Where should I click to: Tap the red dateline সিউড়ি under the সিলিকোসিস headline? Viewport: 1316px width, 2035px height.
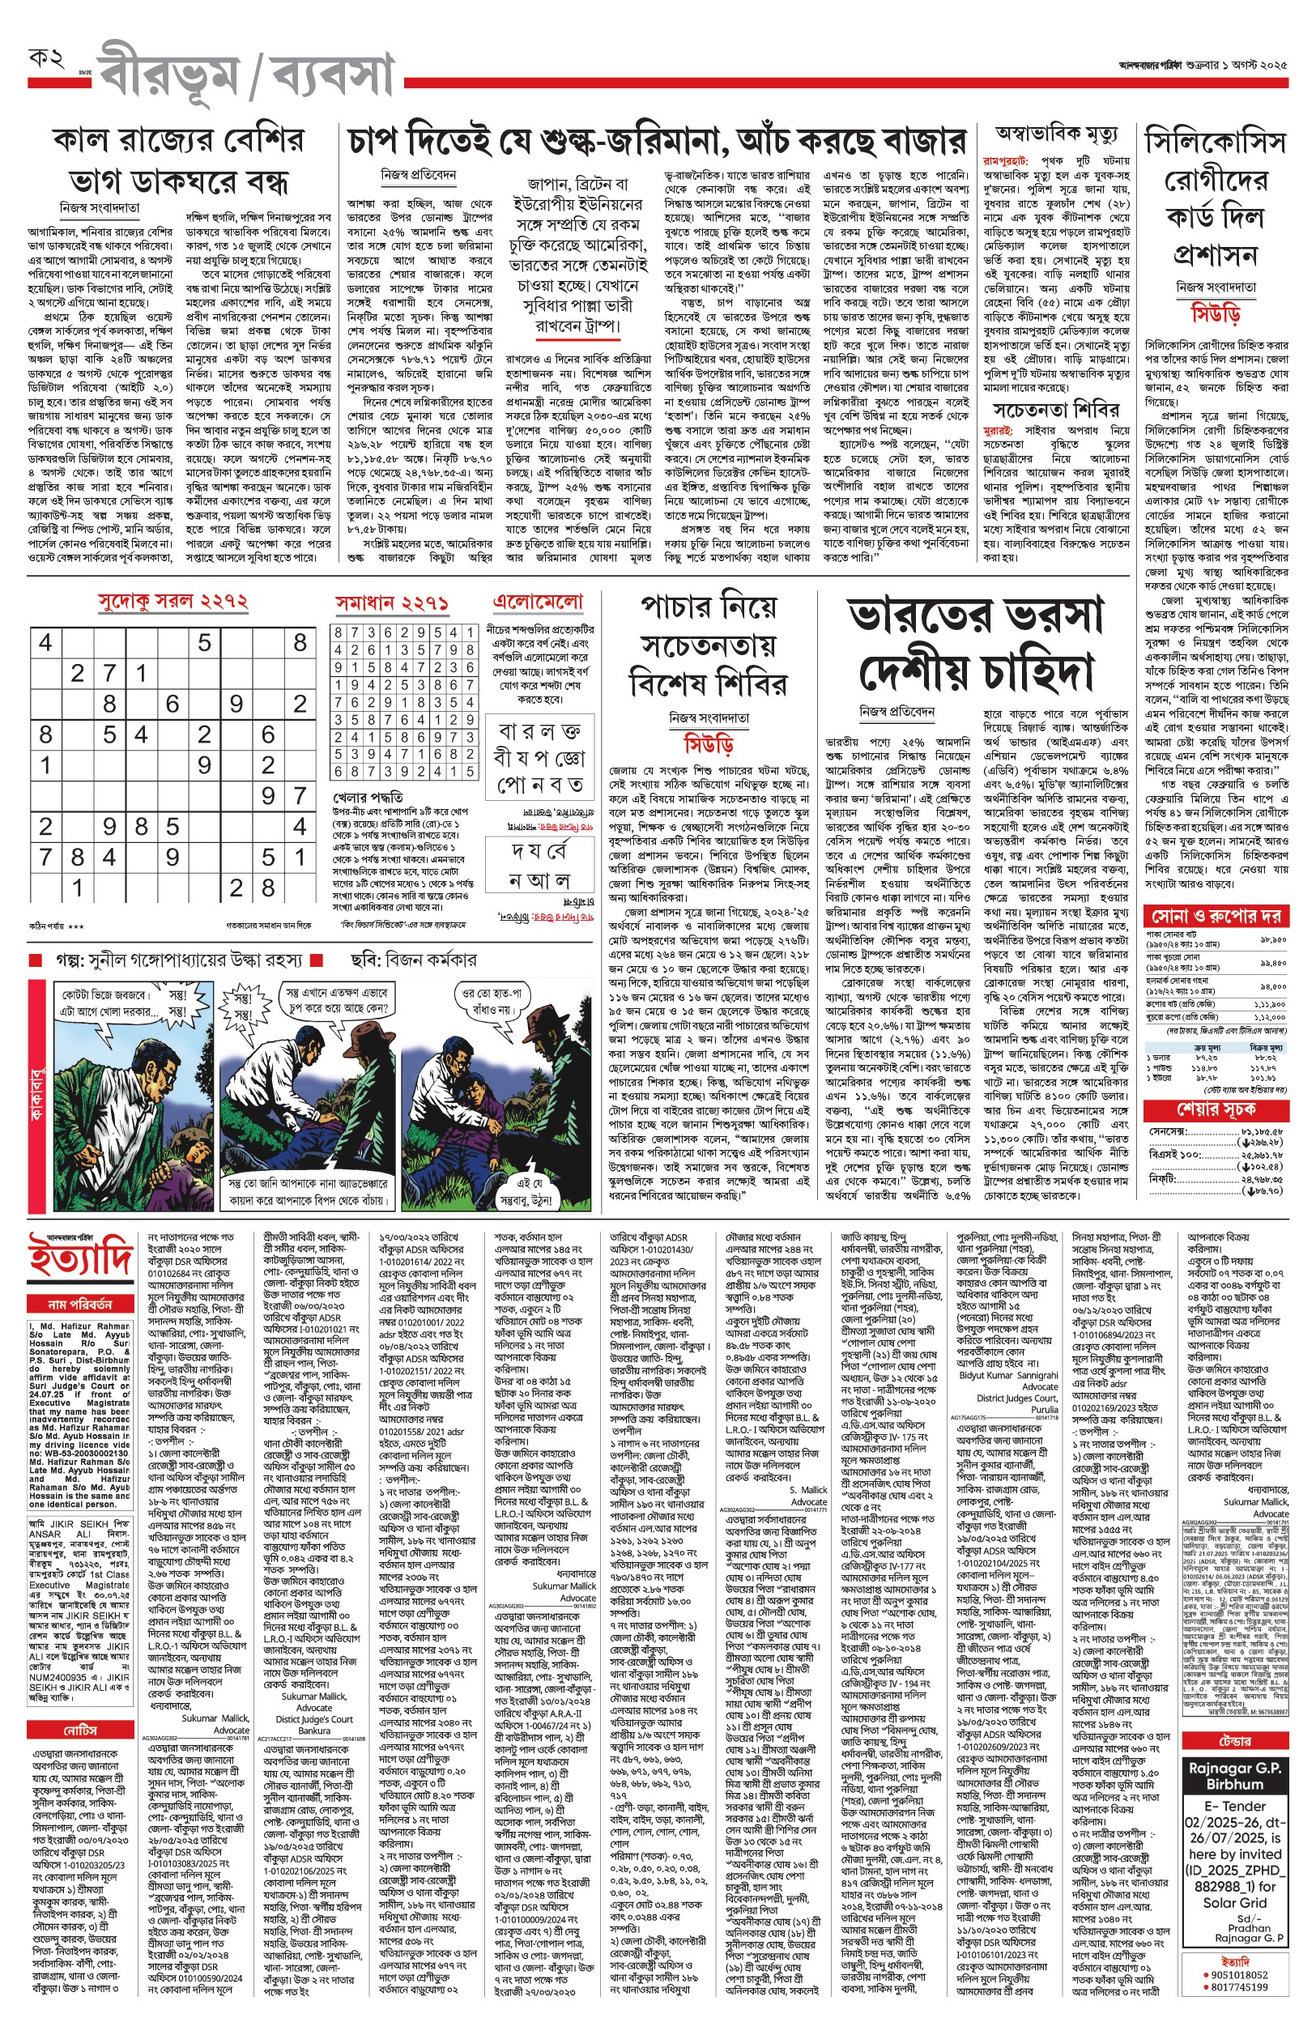click(1216, 314)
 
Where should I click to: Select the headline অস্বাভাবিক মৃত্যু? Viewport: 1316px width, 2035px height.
click(1056, 134)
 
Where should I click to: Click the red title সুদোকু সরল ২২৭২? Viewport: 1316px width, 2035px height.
click(173, 602)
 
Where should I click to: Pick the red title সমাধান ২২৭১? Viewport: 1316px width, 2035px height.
click(392, 603)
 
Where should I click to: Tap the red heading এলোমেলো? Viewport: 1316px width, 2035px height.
click(539, 602)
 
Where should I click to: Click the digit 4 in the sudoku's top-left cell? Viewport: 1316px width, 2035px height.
click(46, 642)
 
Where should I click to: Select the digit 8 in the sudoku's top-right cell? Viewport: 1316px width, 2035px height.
click(300, 642)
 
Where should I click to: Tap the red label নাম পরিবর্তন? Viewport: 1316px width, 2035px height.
click(79, 1304)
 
